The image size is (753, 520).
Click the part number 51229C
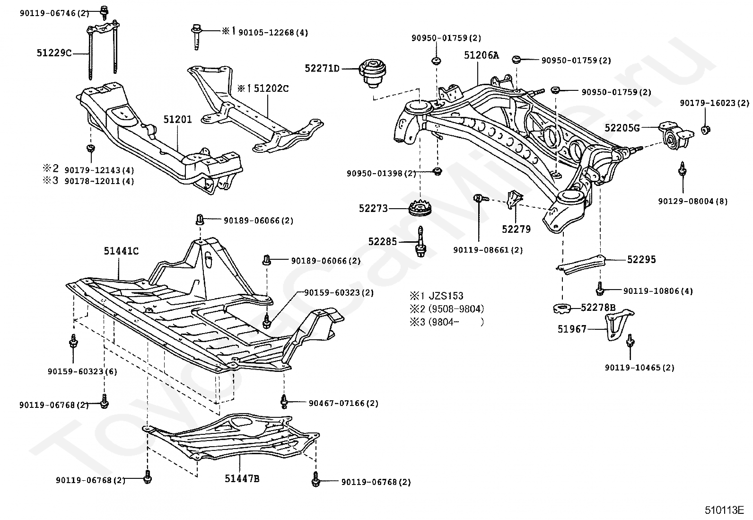click(x=54, y=53)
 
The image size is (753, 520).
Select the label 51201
click(x=178, y=119)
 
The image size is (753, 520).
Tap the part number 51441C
click(x=121, y=251)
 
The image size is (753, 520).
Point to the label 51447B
click(x=242, y=479)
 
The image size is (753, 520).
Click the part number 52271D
click(x=322, y=69)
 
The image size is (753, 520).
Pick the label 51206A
click(x=481, y=55)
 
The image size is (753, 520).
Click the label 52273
click(x=373, y=208)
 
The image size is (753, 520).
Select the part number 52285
click(x=383, y=242)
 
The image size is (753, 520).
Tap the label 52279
click(x=516, y=229)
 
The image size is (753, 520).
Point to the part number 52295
click(x=641, y=259)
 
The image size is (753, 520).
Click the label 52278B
click(x=598, y=308)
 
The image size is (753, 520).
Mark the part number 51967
click(x=572, y=329)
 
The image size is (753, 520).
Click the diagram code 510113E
click(x=724, y=511)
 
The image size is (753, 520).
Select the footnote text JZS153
click(x=446, y=296)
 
